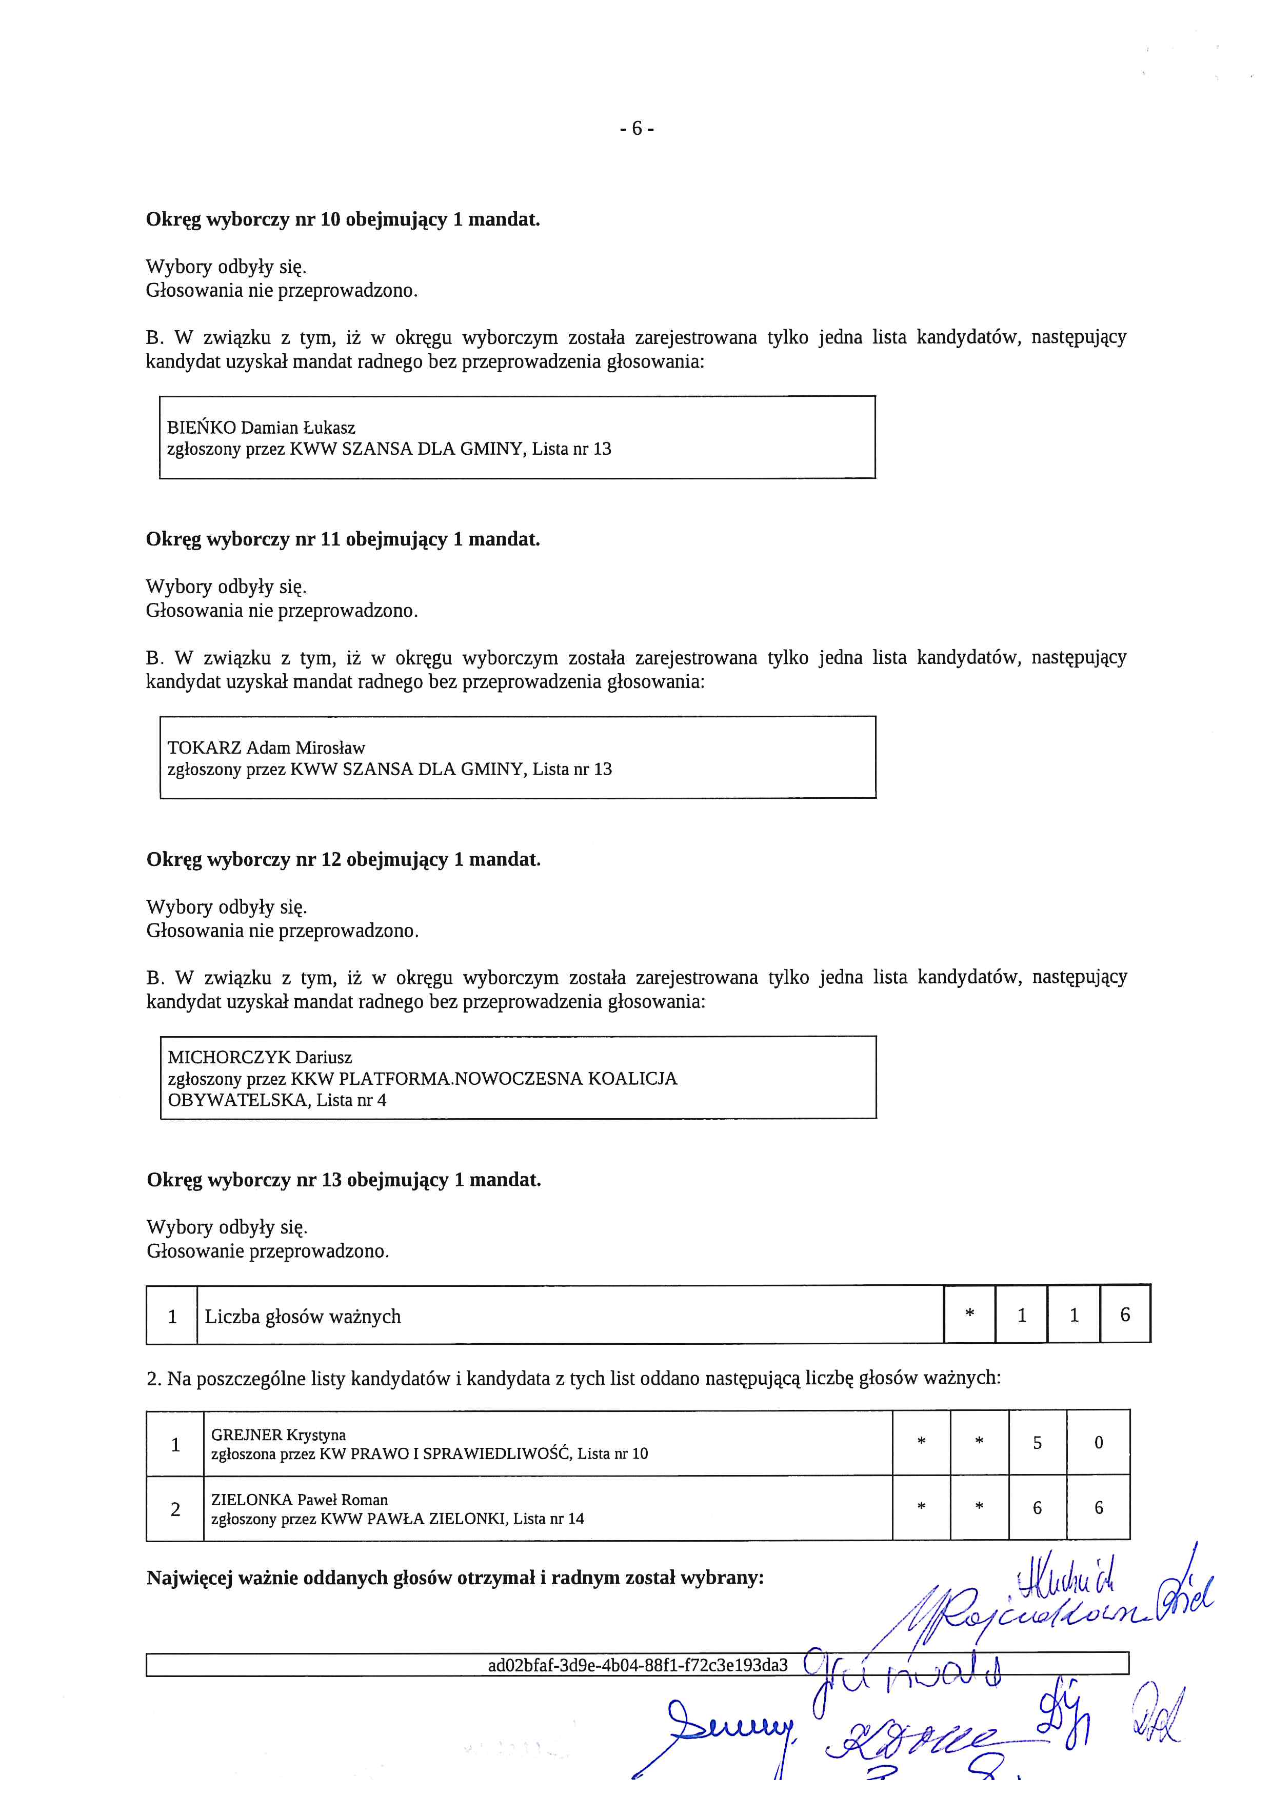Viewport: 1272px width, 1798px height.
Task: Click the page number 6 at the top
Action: coord(636,128)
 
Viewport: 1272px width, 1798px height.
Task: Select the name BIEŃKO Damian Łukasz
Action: coord(261,428)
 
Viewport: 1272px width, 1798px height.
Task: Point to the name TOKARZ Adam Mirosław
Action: coord(266,748)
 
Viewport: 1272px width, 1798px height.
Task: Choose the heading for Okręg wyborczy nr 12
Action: coord(343,860)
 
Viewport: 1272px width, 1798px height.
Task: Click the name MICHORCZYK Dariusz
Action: coord(259,1057)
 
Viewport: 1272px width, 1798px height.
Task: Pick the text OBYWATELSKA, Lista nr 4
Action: coord(276,1100)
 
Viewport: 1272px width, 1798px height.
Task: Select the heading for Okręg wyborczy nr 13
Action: coord(343,1180)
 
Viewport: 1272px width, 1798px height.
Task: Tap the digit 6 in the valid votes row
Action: coord(1125,1316)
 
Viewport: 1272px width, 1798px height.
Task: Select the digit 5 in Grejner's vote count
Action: coord(1037,1443)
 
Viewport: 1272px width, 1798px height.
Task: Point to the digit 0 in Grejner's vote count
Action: coord(1098,1443)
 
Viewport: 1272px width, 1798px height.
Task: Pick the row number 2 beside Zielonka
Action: coord(175,1509)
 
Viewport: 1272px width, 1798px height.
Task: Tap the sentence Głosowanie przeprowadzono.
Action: coord(267,1251)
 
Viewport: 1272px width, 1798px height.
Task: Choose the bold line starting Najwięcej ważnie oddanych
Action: coord(454,1578)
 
